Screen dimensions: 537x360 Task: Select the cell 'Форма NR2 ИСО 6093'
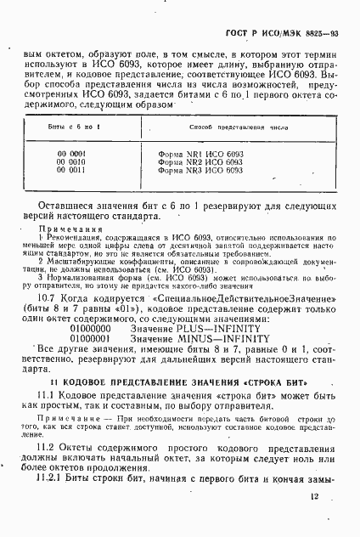click(200, 162)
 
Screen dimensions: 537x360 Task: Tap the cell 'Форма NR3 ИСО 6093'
click(200, 170)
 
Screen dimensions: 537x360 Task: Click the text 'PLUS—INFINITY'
click(204, 326)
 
